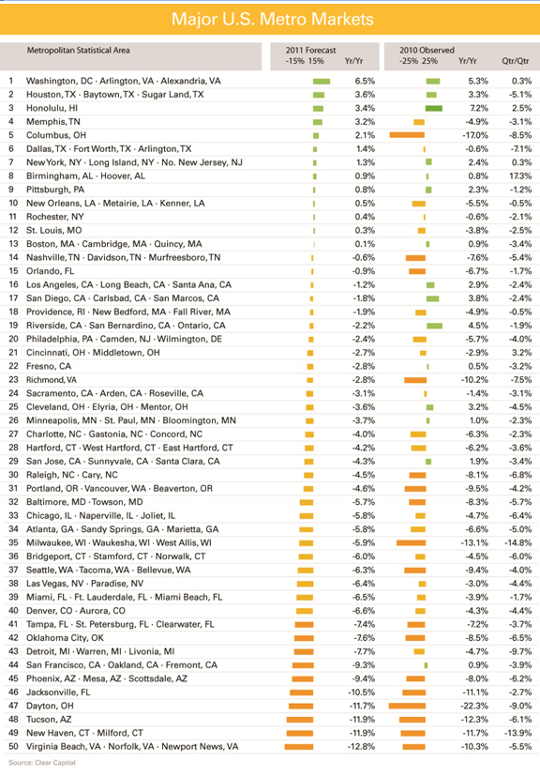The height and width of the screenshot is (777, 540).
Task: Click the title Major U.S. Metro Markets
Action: point(272,20)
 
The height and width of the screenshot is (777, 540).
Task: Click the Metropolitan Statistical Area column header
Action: point(78,50)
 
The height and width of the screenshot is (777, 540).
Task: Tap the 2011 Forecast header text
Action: point(310,50)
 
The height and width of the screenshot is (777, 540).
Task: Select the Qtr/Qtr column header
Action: point(516,61)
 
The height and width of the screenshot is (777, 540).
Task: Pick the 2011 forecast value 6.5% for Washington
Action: point(365,81)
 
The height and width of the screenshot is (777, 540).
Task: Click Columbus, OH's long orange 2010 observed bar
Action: point(407,135)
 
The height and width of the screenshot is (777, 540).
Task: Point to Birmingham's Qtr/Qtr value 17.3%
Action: point(519,175)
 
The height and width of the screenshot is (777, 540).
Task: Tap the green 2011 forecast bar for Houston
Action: point(319,95)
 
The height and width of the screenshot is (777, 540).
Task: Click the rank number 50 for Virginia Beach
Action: point(13,746)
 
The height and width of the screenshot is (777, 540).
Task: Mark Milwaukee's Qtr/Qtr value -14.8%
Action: point(518,542)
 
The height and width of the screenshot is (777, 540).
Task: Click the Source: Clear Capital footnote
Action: point(42,763)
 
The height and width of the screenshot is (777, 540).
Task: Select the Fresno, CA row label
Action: point(49,366)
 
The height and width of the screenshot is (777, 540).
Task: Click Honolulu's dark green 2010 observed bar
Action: point(433,108)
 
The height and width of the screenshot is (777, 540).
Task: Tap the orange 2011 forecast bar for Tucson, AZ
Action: point(300,720)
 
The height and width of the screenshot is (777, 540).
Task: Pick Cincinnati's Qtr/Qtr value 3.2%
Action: point(521,353)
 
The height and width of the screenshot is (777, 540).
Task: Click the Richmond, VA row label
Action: point(52,380)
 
